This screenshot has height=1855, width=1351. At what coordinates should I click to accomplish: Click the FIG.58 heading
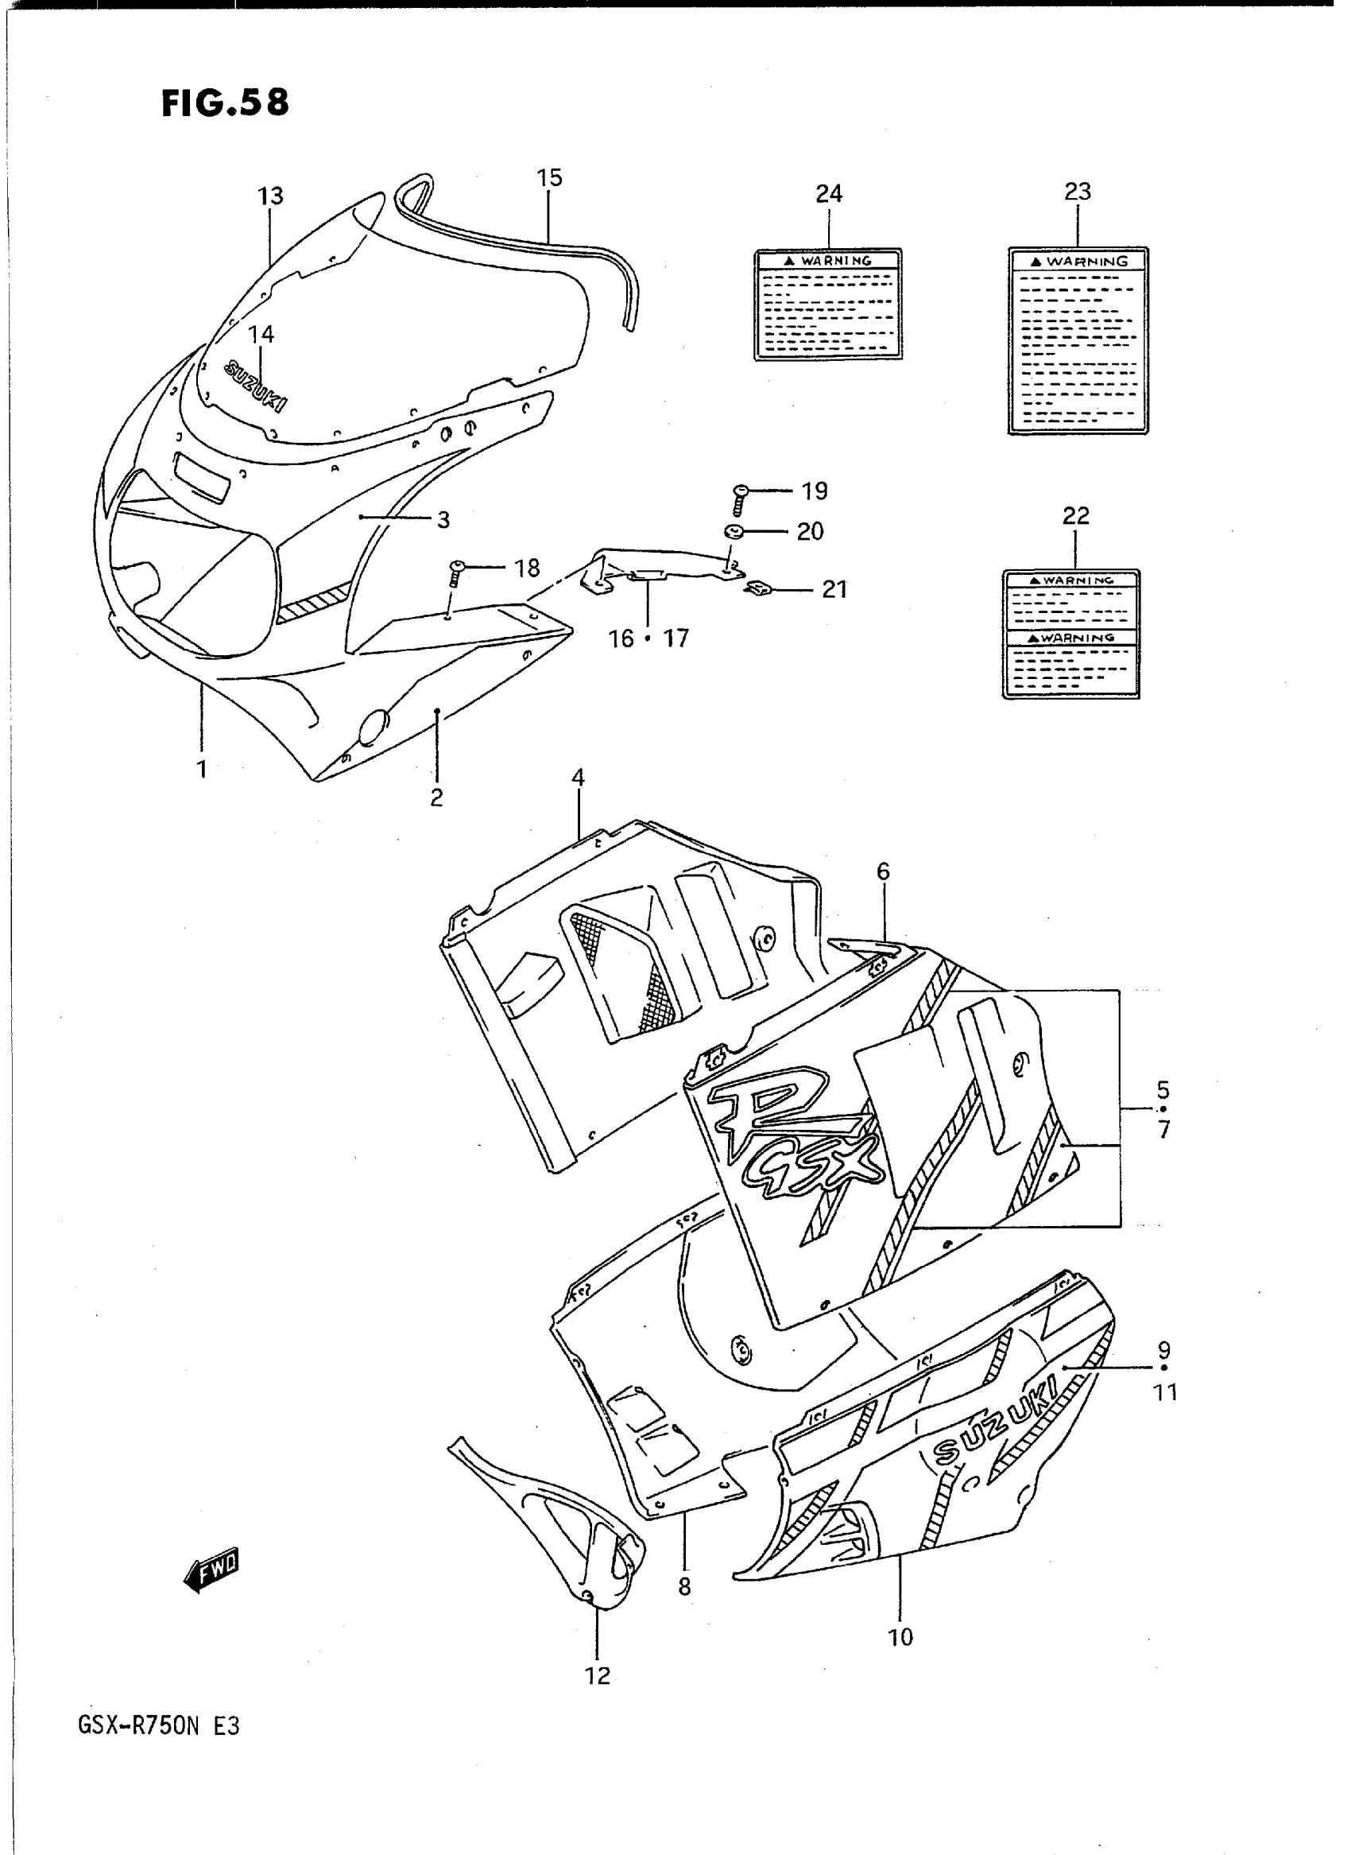click(x=225, y=103)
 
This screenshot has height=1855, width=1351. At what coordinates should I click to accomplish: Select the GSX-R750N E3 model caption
click(x=159, y=1726)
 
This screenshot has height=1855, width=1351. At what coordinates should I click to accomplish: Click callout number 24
click(x=828, y=194)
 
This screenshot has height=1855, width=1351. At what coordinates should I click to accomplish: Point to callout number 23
click(x=1077, y=192)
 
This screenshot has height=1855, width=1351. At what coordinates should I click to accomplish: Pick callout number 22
click(x=1075, y=515)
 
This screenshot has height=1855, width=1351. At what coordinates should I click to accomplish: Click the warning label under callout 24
click(x=827, y=305)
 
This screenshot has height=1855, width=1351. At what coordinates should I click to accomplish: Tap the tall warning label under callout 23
click(x=1078, y=340)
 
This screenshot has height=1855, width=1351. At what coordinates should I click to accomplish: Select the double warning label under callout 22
click(x=1071, y=635)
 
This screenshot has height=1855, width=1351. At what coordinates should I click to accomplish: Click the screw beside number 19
click(x=741, y=497)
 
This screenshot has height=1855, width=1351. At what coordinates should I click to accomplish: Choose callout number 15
click(x=550, y=178)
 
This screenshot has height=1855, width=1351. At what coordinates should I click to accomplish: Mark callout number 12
click(x=598, y=1676)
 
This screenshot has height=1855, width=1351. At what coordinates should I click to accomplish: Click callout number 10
click(x=900, y=1637)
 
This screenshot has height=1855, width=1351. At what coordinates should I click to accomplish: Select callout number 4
click(x=579, y=778)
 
